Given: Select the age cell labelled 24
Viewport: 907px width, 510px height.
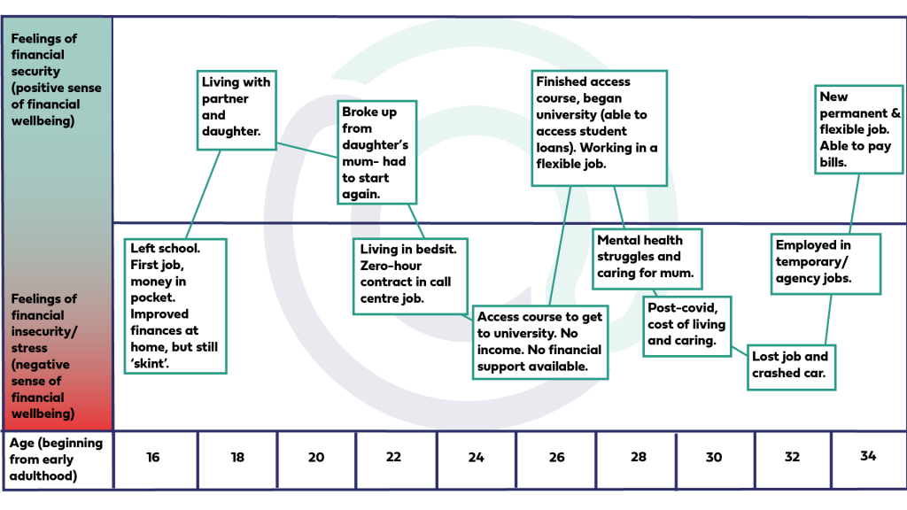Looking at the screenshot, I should pyautogui.click(x=477, y=457).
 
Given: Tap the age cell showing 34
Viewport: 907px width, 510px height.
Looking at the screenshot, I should pyautogui.click(x=867, y=457).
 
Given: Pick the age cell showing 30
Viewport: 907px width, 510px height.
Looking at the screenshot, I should pyautogui.click(x=714, y=457).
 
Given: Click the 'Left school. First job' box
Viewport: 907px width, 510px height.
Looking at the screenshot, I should pyautogui.click(x=174, y=305).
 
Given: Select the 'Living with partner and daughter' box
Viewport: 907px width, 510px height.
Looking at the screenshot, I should pyautogui.click(x=236, y=106).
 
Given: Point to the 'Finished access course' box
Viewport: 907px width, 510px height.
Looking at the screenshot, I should pyautogui.click(x=598, y=128).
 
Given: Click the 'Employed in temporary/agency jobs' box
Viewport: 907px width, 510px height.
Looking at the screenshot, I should pyautogui.click(x=827, y=262).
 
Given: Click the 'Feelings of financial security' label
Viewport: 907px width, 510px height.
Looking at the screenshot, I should pyautogui.click(x=54, y=79).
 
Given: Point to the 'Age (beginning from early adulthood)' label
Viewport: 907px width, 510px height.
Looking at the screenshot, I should pyautogui.click(x=56, y=460).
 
